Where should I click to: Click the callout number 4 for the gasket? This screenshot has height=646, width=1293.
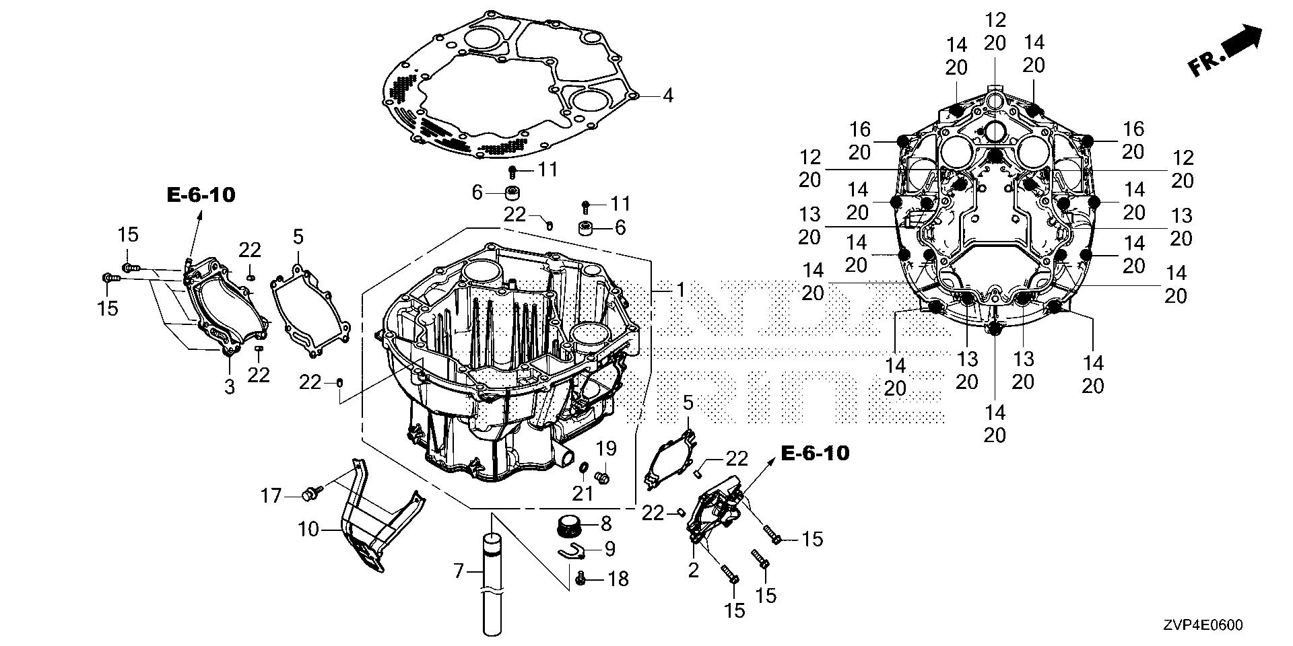667,96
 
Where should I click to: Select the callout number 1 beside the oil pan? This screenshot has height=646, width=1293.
680,291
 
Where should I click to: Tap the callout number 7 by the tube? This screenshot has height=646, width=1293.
459,572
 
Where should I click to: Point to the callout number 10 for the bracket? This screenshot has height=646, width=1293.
308,530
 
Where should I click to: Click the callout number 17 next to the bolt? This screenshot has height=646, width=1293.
271,497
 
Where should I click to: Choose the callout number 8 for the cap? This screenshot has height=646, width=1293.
606,523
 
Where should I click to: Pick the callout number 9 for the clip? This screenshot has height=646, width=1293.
609,549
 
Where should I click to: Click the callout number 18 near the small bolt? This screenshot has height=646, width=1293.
618,578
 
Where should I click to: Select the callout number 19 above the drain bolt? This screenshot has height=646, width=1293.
606,448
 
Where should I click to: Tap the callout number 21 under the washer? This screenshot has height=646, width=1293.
583,493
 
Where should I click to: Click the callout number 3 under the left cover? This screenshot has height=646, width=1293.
230,387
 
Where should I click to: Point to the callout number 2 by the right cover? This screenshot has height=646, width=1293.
694,571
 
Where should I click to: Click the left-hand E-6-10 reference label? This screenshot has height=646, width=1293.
201,195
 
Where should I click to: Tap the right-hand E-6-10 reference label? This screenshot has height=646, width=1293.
815,454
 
